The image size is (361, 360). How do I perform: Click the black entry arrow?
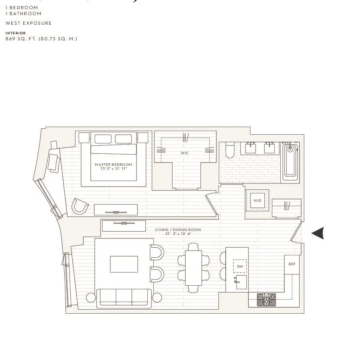click(318, 233)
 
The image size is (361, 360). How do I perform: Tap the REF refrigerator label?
click(292, 264)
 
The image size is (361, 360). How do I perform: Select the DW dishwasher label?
click(240, 266)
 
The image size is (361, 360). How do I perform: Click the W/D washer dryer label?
click(257, 200)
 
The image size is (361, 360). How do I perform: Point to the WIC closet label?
click(184, 153)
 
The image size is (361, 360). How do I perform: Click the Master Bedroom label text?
click(113, 165)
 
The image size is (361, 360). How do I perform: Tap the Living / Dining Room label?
click(178, 230)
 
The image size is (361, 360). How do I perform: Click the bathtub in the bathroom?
click(290, 162)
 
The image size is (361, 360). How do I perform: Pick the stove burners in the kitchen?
click(266, 299)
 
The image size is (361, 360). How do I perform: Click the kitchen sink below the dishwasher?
click(241, 282)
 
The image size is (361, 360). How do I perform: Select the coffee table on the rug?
click(124, 264)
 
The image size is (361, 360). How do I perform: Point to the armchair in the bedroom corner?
click(80, 206)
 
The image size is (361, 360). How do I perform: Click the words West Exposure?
click(29, 23)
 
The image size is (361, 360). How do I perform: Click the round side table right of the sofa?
click(157, 298)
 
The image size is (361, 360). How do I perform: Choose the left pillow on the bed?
click(103, 139)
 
